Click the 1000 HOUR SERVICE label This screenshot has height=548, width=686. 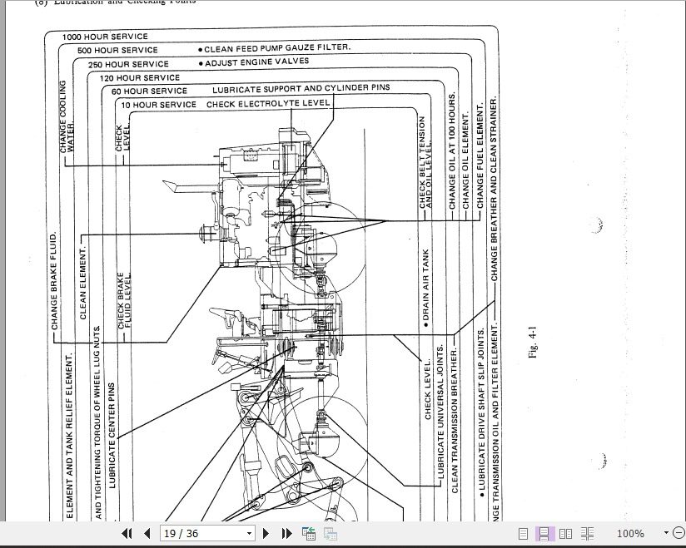105,37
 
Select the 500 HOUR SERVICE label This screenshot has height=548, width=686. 117,51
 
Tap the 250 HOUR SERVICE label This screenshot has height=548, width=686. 128,64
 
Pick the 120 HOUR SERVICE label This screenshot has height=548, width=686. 140,77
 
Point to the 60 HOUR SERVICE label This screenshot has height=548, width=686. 149,91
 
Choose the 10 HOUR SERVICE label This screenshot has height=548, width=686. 158,105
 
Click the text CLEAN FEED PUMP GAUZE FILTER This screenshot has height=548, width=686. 274,48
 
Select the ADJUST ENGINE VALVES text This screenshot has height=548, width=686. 253,62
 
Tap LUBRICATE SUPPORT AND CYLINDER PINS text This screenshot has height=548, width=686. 301,87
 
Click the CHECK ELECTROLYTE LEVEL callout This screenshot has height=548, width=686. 268,104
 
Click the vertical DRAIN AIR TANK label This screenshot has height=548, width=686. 425,285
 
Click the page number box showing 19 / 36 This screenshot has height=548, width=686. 207,534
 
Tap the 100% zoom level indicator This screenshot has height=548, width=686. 630,534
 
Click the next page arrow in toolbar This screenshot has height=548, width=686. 266,534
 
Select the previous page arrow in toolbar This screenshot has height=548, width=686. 147,534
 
